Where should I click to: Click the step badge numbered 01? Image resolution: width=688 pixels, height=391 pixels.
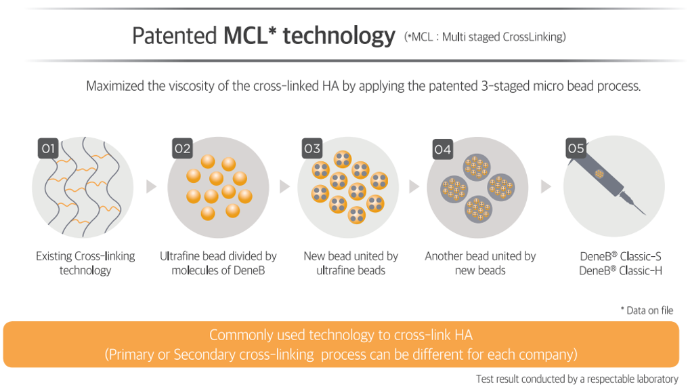(48, 148)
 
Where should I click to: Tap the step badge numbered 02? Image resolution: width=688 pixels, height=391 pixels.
(183, 148)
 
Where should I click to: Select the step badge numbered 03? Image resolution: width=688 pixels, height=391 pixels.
(312, 148)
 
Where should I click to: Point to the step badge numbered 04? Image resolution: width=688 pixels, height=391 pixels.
(443, 149)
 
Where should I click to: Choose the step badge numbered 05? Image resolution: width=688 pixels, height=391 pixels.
(576, 148)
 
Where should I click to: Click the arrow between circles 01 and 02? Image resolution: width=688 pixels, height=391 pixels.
(152, 186)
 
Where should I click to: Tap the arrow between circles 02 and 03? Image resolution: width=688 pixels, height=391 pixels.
(285, 186)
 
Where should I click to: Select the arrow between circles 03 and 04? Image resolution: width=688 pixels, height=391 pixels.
(414, 186)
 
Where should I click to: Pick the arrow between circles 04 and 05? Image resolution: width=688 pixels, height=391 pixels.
(546, 186)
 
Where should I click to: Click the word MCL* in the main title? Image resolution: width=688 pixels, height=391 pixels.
(250, 35)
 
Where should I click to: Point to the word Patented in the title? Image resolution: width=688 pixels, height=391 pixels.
(175, 36)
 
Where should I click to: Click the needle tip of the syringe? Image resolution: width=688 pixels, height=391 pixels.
(645, 214)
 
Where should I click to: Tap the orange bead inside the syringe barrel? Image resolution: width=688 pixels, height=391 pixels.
(599, 173)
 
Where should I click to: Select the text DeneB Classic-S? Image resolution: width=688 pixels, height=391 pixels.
(620, 256)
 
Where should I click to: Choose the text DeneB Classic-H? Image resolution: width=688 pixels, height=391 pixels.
(620, 270)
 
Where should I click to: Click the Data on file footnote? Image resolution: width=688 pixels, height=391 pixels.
(647, 310)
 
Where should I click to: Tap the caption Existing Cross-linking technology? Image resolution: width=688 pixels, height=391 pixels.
(85, 263)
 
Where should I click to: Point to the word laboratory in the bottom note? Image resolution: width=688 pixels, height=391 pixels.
(655, 379)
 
